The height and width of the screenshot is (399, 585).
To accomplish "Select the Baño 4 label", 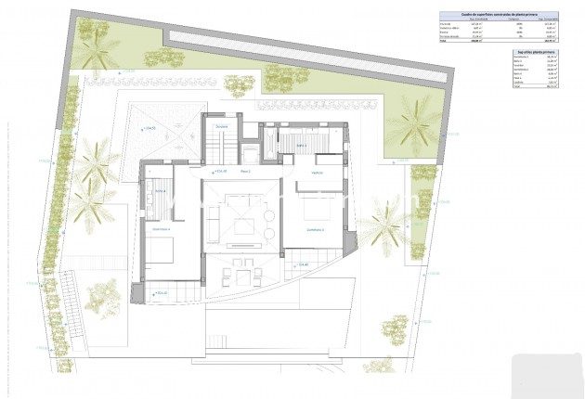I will click(x=160, y=191).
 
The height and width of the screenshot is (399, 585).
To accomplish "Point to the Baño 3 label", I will click(x=303, y=145).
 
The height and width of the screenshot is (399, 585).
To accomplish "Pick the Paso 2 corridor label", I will click(x=246, y=172).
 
